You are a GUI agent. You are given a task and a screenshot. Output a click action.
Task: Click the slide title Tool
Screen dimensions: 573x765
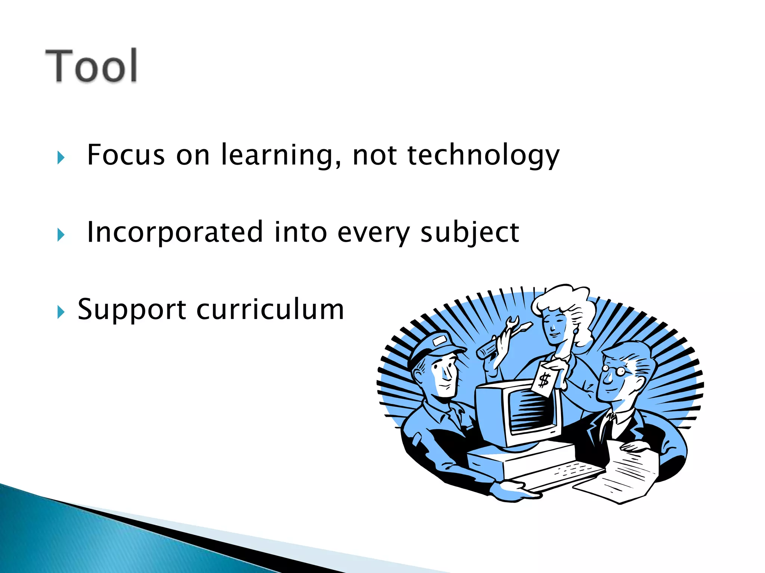[92, 66]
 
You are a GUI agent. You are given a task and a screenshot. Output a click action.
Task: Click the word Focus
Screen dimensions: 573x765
[126, 155]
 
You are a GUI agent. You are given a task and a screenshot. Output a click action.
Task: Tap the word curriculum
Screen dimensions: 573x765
[270, 310]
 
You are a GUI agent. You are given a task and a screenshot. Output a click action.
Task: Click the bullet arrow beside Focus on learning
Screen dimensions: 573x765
[61, 158]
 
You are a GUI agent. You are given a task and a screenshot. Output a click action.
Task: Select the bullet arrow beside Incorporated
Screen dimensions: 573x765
[61, 235]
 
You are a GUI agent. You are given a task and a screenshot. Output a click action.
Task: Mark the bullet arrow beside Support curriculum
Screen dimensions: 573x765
[61, 312]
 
